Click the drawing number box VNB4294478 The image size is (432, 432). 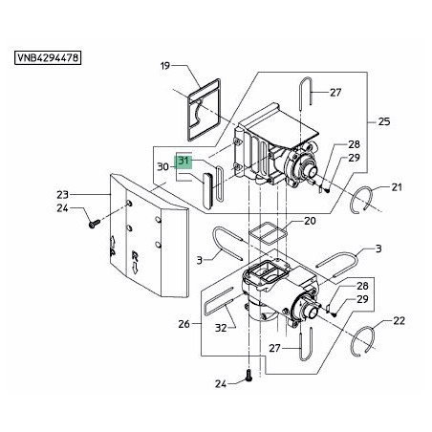48,58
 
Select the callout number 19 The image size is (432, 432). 165,66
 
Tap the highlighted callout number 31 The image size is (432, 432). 184,161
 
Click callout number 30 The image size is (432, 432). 162,166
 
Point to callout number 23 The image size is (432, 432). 63,194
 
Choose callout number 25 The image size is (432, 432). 384,121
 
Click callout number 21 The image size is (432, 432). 397,187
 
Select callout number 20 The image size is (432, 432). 310,221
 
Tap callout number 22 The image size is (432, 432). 399,320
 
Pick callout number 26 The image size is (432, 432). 184,324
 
